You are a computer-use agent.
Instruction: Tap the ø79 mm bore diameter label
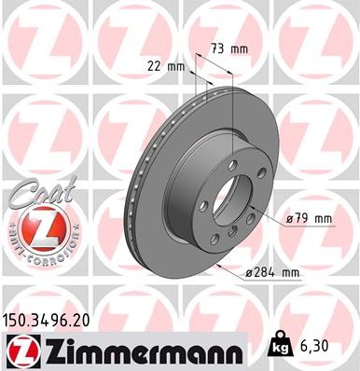tap(309, 219)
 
